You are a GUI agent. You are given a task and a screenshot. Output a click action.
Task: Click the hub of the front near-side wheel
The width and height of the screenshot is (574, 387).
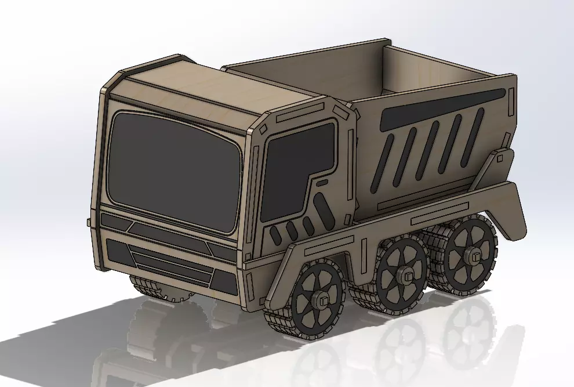coord(318,299)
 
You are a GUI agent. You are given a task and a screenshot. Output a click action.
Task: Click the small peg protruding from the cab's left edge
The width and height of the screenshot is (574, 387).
coord(88,222)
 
